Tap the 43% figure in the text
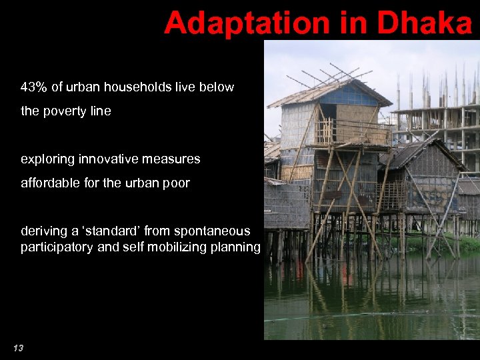pos(33,87)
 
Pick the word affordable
pos(48,183)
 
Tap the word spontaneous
pos(212,231)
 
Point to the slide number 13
pos(18,348)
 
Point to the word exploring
pos(45,159)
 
